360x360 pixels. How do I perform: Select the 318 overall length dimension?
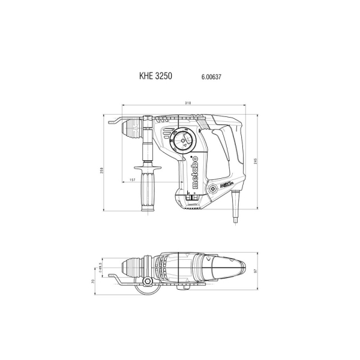click(188, 104)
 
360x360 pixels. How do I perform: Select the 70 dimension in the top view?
click(94, 280)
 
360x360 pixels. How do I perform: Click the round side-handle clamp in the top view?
click(146, 282)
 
